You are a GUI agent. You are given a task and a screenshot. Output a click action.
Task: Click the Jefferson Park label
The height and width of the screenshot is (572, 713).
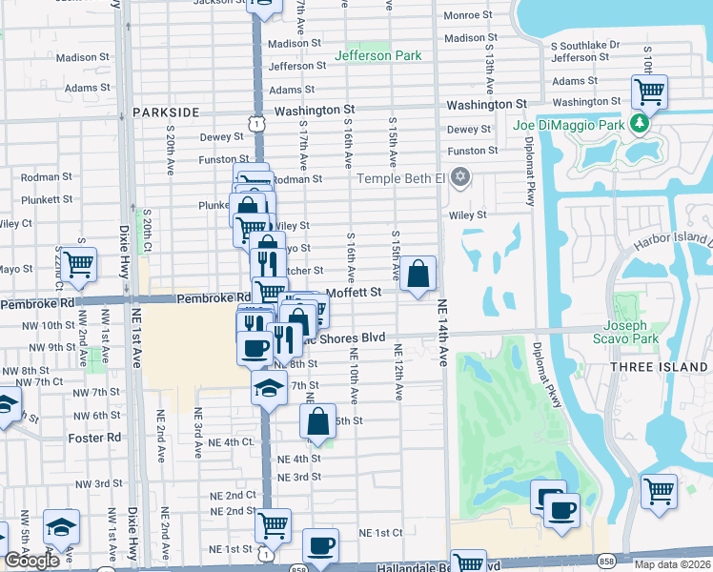(377, 55)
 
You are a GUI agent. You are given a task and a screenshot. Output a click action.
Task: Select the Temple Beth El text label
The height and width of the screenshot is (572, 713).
(401, 178)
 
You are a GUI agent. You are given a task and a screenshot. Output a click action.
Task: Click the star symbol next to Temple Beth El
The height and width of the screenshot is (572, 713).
(460, 177)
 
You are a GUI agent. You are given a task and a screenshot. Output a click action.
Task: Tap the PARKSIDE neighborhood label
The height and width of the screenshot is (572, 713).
(166, 112)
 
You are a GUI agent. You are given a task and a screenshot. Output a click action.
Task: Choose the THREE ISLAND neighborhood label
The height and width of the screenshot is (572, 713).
(672, 367)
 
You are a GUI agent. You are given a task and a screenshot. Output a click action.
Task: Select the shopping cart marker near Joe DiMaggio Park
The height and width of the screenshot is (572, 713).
(649, 93)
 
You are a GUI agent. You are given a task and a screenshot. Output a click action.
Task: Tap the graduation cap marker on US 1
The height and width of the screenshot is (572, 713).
(269, 387)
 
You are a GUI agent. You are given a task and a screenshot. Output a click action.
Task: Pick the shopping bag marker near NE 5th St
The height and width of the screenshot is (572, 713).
(319, 421)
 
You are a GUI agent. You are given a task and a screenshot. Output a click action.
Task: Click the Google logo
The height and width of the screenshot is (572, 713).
(31, 561)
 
